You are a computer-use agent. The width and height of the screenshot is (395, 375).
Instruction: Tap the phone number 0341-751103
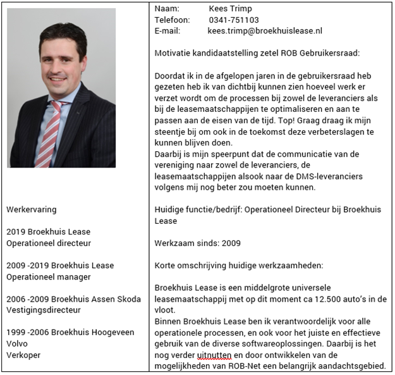click(233, 20)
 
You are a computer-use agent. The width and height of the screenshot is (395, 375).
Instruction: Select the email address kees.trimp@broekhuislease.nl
click(264, 30)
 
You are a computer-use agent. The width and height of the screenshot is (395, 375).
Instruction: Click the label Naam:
click(167, 9)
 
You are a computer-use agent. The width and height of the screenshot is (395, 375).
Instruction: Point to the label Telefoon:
click(172, 20)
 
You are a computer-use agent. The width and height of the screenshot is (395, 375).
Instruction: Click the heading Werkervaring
click(31, 209)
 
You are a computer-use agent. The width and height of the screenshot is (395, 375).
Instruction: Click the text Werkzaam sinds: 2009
click(197, 243)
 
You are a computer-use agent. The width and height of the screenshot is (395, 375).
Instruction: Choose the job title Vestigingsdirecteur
click(44, 310)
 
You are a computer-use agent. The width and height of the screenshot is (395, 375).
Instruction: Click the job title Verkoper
click(23, 355)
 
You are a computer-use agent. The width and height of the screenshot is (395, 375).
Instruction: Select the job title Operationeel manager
click(49, 276)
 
